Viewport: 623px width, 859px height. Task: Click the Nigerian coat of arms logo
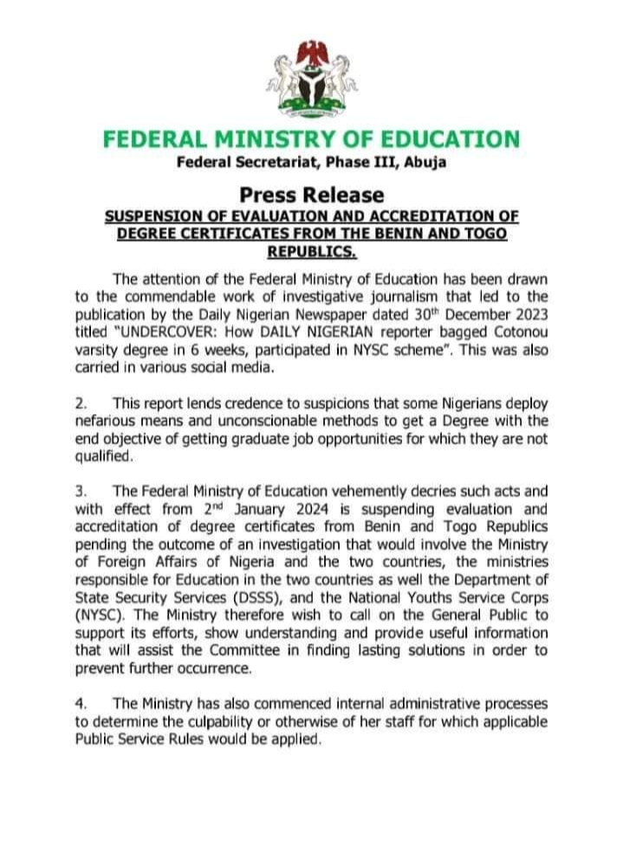pyautogui.click(x=311, y=79)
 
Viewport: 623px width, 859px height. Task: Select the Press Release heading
pyautogui.click(x=311, y=194)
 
